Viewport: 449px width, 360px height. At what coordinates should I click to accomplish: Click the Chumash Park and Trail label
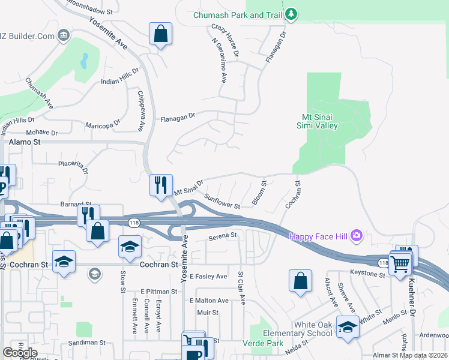pos(238,15)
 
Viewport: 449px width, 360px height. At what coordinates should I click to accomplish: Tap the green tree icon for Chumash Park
pos(291,14)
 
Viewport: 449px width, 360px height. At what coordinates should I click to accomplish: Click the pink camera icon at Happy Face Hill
pos(357,235)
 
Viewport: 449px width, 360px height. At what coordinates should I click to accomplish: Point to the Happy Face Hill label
pos(319,236)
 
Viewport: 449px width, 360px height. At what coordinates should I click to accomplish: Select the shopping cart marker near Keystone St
pos(400,262)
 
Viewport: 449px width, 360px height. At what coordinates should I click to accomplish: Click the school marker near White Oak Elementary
pos(348,327)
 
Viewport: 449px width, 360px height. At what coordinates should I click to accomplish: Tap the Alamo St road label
pos(25,142)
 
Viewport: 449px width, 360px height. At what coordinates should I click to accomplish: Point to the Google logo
pos(20,353)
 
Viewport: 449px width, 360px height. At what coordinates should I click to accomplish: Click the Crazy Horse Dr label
pos(226,41)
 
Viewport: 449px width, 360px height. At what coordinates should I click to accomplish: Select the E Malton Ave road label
pos(209,300)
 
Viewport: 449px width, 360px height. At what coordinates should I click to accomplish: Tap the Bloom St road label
pos(259,192)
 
